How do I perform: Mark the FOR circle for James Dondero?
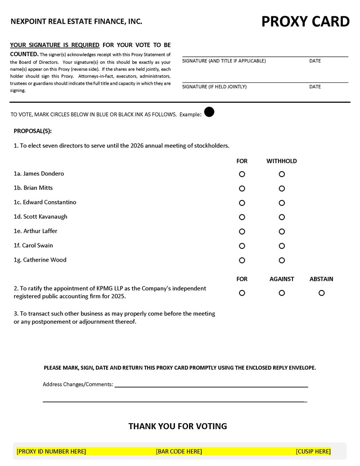tap(242, 174)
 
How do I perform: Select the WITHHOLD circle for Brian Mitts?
tap(282, 188)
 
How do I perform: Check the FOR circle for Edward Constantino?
tap(242, 203)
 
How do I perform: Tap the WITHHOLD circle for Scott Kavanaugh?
tap(282, 217)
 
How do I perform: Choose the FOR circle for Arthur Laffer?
tap(242, 231)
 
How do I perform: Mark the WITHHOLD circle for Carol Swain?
tap(282, 246)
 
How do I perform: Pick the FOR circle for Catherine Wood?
tap(242, 260)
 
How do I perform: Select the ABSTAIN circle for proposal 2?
tap(321, 293)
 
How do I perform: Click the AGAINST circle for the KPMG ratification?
tap(282, 293)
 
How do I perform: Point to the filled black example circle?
tap(209, 112)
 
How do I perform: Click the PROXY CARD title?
tap(305, 22)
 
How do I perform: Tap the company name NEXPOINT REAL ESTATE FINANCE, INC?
tap(76, 21)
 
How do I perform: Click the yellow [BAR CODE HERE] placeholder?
tap(179, 451)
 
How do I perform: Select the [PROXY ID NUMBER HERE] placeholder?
tap(51, 451)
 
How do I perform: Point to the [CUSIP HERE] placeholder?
tap(313, 451)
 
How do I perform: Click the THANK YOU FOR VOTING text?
tap(178, 426)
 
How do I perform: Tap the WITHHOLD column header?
tap(282, 161)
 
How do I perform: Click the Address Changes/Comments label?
tap(78, 385)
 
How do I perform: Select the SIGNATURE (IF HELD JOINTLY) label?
tap(214, 87)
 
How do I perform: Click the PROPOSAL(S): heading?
tap(33, 131)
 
